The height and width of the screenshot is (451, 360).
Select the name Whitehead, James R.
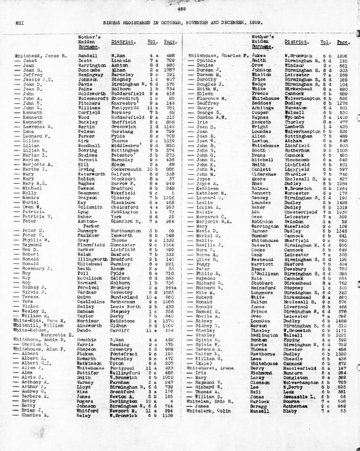[35, 56]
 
